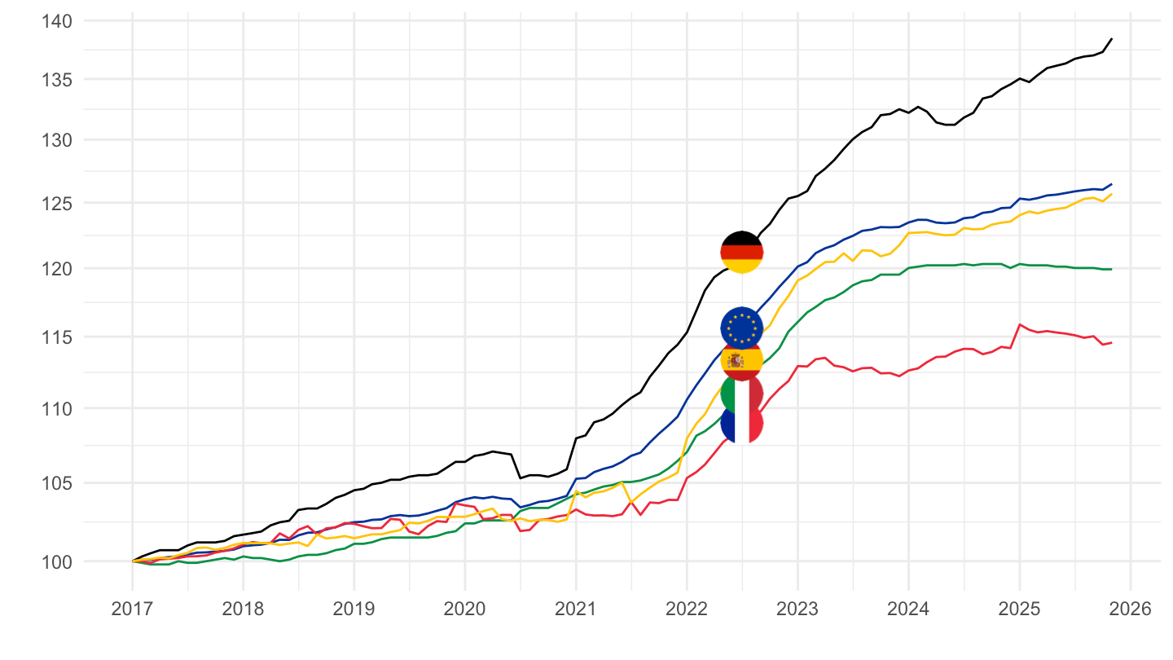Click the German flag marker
coord(741,252)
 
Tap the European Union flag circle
coord(741,328)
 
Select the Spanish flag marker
coord(741,359)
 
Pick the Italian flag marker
coord(741,394)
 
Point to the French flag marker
coord(741,423)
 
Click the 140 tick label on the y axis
coord(55,20)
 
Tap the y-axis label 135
coord(55,80)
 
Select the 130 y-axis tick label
coord(55,140)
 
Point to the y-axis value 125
coord(55,203)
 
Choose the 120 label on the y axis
coord(55,268)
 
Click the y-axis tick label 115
coord(55,337)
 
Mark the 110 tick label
coord(55,408)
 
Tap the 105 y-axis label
coord(55,483)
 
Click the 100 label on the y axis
coord(55,561)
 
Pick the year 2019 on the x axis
coord(354,609)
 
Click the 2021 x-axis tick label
coord(575,609)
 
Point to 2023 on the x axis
coord(797,609)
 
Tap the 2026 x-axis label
coord(1130,609)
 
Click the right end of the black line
coord(1112,39)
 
